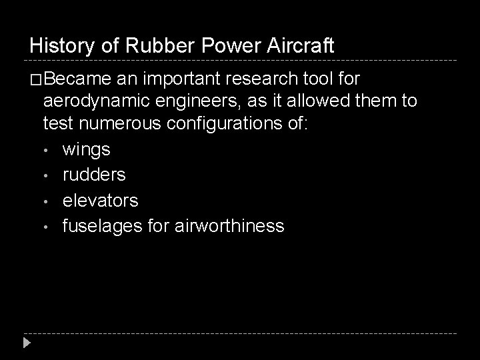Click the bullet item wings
[x=86, y=149]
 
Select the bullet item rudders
[x=94, y=175]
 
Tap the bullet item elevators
[x=100, y=200]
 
